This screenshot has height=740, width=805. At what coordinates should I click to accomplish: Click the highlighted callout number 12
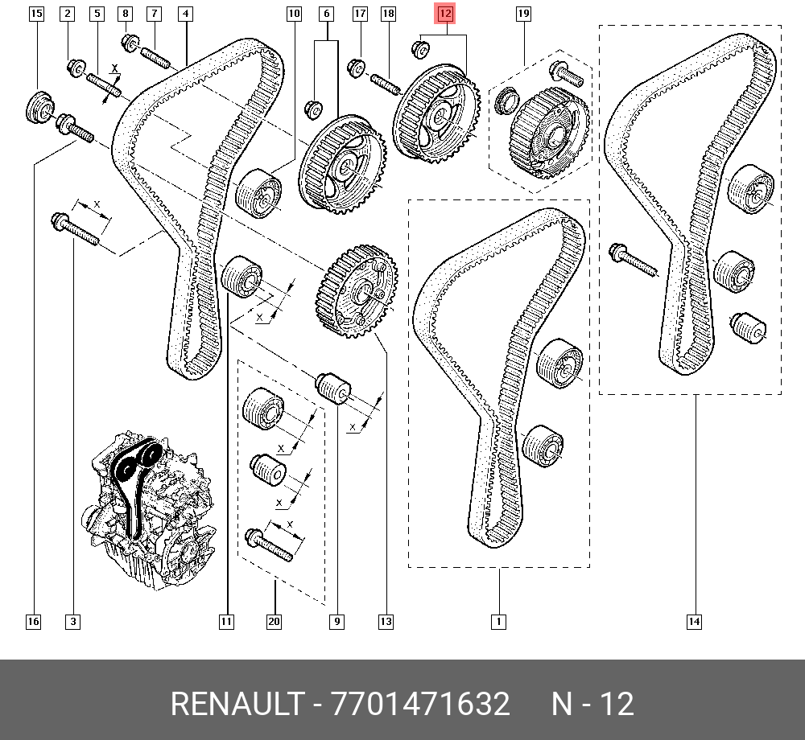point(445,14)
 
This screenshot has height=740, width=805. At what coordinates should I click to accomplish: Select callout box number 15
point(36,14)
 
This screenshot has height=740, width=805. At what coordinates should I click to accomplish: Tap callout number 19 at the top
point(523,14)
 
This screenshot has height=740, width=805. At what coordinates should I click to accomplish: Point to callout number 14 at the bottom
point(694,622)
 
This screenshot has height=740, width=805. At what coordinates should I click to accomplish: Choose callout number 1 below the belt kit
point(498,622)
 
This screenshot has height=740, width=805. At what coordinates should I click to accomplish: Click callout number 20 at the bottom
point(275,622)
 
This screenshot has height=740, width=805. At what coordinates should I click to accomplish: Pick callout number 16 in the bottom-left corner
point(33,622)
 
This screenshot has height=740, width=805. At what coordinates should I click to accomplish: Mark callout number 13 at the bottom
point(386,622)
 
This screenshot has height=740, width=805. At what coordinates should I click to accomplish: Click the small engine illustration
point(149,510)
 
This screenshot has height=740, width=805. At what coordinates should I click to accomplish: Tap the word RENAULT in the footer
point(237,703)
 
